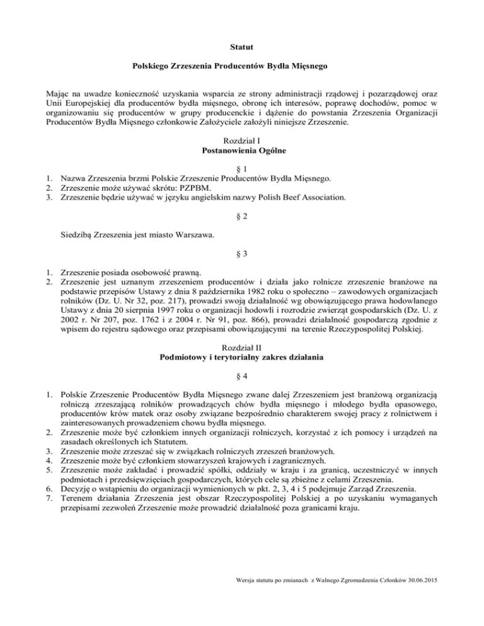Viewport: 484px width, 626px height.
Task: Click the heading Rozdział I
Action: (241, 144)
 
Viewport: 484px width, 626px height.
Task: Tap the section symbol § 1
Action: (242, 169)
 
